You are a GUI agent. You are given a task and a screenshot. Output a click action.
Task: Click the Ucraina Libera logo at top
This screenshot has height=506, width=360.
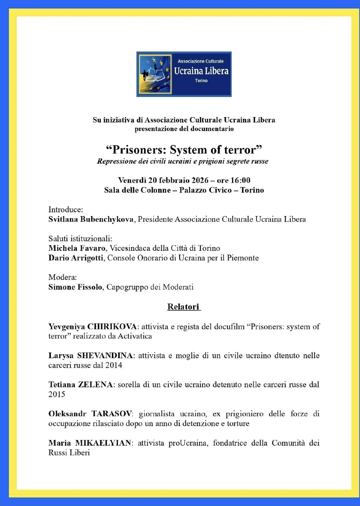tap(184, 74)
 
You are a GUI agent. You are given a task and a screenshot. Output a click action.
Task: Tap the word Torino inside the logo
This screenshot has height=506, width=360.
tap(201, 81)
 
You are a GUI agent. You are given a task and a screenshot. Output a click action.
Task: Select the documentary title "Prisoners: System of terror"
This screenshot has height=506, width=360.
tap(184, 150)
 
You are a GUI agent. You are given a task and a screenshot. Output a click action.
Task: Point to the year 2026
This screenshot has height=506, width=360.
tap(200, 180)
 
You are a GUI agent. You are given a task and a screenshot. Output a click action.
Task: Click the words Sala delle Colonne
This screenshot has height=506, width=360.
tap(137, 190)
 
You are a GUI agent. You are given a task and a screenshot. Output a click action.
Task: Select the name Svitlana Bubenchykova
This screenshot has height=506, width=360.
tap(91, 219)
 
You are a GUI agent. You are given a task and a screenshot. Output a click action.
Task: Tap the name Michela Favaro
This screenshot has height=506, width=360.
tap(77, 248)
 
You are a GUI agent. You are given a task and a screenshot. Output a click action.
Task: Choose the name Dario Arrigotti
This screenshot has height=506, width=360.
tap(76, 258)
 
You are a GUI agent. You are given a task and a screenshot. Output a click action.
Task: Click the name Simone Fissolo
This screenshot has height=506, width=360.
tap(75, 287)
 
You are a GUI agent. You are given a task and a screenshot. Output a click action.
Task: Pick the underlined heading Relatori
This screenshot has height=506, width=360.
tap(183, 307)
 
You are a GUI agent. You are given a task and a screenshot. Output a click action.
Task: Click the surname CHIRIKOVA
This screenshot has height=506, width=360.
tap(112, 327)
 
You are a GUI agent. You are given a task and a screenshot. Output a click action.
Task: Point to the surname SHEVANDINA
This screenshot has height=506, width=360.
tap(105, 356)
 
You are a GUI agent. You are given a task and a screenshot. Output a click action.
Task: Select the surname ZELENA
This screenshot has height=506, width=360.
tap(95, 385)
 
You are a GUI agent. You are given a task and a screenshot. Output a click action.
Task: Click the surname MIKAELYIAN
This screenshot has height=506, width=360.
tap(103, 443)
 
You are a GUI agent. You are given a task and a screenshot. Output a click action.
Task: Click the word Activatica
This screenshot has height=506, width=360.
tap(135, 336)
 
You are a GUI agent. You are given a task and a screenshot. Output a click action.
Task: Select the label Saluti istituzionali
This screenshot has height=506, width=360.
tap(80, 239)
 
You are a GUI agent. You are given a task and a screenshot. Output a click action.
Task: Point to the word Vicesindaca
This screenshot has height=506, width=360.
tap(130, 248)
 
